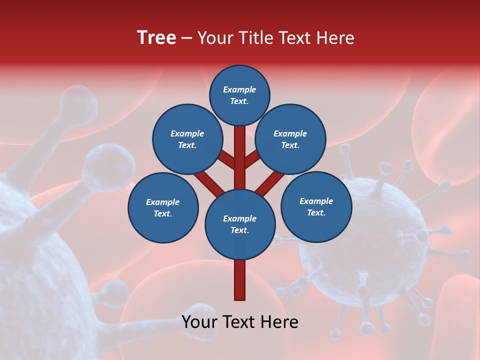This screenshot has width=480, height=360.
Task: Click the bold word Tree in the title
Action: tap(156, 38)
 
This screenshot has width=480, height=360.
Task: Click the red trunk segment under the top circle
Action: tap(240, 155)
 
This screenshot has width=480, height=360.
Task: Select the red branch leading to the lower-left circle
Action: tap(209, 182)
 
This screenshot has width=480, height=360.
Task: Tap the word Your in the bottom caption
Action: tap(199, 322)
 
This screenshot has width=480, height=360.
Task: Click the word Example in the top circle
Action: tap(239, 90)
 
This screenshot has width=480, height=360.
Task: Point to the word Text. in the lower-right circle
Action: tap(316, 212)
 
